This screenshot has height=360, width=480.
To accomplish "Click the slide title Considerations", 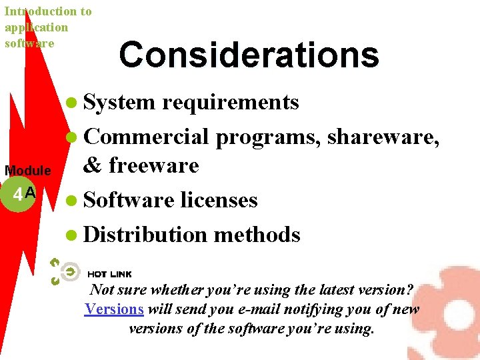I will (x=249, y=55).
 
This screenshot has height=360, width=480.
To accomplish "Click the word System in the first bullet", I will (x=119, y=102).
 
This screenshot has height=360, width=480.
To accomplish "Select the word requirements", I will (x=231, y=102).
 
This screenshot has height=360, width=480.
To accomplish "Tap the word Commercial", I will (x=147, y=136).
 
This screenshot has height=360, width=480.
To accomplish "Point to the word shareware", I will (x=382, y=136).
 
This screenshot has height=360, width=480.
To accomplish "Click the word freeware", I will (x=154, y=165).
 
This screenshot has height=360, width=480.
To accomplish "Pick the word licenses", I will (x=219, y=200).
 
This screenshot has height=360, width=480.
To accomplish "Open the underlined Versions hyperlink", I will (x=114, y=309).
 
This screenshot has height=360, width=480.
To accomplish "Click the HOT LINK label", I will (x=109, y=274).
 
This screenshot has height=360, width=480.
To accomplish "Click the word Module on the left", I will (x=27, y=171).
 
